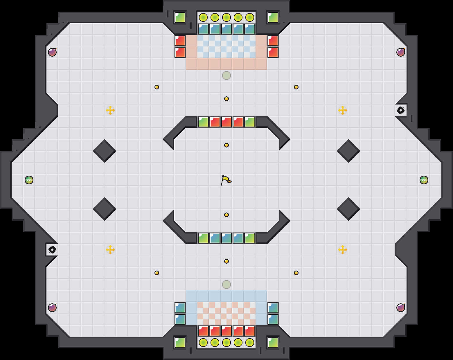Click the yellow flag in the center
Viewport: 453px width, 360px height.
click(x=226, y=180)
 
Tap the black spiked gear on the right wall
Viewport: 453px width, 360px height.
click(x=401, y=110)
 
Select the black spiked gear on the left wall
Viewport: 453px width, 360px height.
click(x=52, y=250)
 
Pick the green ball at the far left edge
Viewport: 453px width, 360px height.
click(x=29, y=180)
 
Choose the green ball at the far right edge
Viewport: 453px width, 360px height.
click(x=424, y=180)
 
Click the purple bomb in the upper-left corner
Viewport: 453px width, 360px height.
click(x=52, y=52)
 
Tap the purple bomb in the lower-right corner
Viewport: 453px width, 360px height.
click(x=401, y=308)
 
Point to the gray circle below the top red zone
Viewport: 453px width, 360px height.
click(x=227, y=75)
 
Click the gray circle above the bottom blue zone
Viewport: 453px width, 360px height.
click(x=227, y=285)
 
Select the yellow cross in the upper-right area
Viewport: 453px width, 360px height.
click(x=343, y=110)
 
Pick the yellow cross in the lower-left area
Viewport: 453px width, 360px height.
click(x=110, y=250)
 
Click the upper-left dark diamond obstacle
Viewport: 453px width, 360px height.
click(x=105, y=151)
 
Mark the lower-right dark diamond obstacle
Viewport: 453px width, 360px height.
click(x=348, y=209)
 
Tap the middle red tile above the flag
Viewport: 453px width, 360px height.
click(x=227, y=122)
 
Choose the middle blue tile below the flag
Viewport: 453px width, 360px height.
click(x=227, y=238)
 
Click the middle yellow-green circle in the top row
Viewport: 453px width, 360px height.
click(x=227, y=17)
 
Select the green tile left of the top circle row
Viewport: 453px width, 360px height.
click(x=180, y=17)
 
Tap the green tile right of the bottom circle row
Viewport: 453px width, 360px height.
click(x=273, y=343)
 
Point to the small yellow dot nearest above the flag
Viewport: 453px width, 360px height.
click(x=227, y=145)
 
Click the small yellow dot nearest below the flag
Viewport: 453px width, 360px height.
click(x=227, y=215)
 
